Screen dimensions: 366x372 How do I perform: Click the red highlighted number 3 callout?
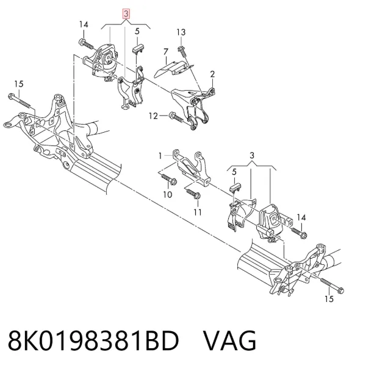(x=126, y=13)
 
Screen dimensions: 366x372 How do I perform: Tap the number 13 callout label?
(x=181, y=32)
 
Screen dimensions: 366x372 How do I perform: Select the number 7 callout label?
(x=166, y=52)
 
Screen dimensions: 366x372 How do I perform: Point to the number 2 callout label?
(x=212, y=74)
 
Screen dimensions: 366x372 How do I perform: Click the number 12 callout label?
(x=153, y=116)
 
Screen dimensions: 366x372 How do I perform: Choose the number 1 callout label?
(x=160, y=156)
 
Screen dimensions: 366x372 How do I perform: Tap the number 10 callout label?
(x=168, y=195)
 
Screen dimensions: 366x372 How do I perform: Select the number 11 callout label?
(x=198, y=212)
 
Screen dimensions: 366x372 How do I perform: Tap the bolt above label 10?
(x=169, y=179)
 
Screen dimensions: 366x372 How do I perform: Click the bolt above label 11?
(x=193, y=194)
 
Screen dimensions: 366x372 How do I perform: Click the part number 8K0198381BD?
(x=93, y=340)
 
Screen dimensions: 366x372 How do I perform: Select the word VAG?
(x=229, y=340)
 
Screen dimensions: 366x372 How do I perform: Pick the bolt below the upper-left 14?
(x=87, y=44)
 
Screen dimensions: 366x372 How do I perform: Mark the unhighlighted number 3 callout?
(x=252, y=156)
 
